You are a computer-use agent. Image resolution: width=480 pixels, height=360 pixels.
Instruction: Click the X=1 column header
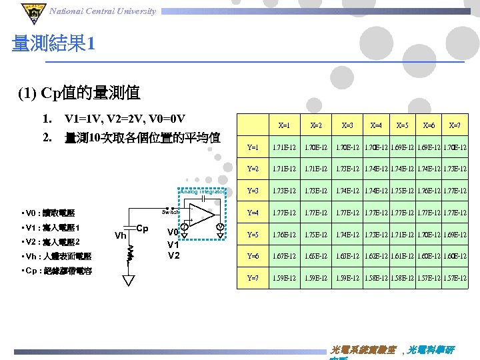click(x=284, y=125)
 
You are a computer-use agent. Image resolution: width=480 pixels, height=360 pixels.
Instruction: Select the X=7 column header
click(x=455, y=125)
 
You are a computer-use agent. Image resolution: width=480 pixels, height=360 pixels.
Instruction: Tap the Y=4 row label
click(x=253, y=213)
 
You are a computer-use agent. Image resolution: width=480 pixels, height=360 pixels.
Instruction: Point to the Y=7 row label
click(x=253, y=277)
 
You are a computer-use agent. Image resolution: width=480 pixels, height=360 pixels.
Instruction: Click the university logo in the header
click(x=31, y=11)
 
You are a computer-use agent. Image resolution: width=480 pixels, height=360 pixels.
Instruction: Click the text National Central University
click(x=103, y=11)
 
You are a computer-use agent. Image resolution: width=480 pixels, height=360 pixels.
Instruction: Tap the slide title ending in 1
click(x=53, y=45)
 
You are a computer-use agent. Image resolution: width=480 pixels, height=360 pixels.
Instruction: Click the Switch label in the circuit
click(x=171, y=212)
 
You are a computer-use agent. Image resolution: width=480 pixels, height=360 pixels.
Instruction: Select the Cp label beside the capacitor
click(x=142, y=228)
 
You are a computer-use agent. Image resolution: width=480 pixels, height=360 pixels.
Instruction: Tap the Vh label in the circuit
click(x=121, y=235)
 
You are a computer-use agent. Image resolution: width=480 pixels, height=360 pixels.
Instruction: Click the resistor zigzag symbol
click(x=131, y=251)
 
